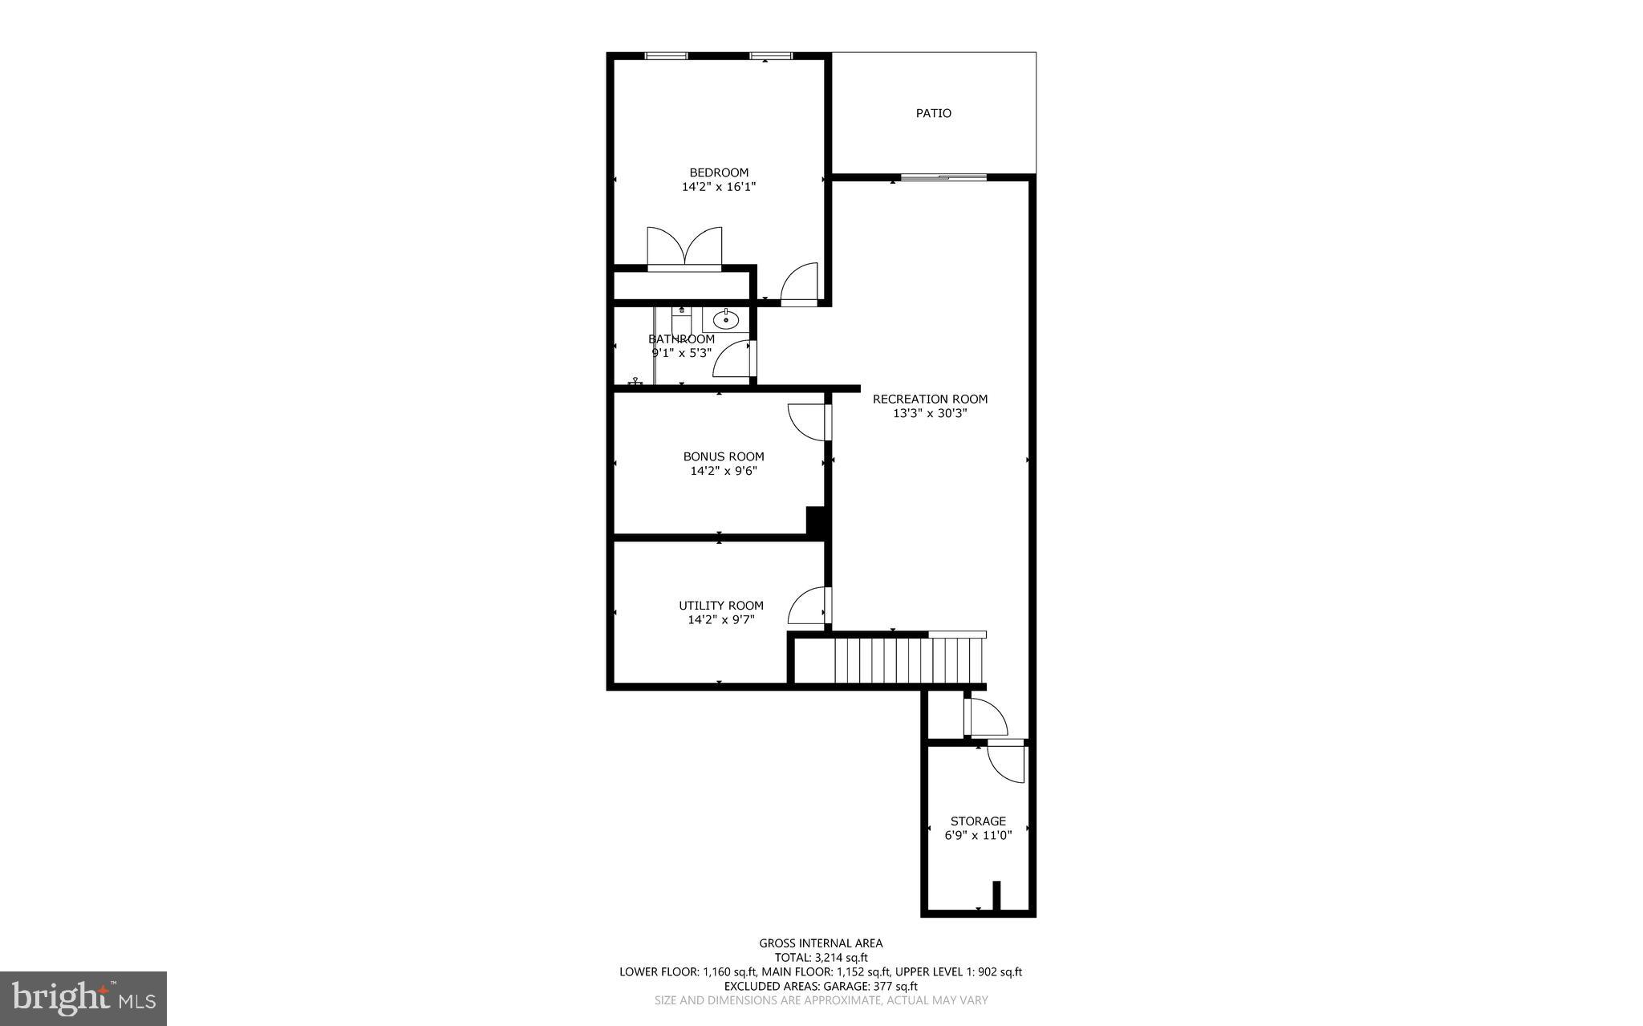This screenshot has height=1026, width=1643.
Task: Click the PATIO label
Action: click(933, 114)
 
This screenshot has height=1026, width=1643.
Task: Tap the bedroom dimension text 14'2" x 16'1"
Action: click(719, 187)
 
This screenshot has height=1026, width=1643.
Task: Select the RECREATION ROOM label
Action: click(930, 399)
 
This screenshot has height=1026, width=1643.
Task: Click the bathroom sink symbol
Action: click(726, 320)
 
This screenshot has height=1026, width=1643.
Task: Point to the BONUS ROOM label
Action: click(724, 456)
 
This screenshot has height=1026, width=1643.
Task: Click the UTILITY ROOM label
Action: click(720, 606)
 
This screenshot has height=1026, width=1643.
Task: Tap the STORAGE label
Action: click(978, 821)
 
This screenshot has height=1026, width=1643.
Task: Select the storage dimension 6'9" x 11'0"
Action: click(978, 835)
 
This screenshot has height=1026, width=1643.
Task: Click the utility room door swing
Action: click(807, 606)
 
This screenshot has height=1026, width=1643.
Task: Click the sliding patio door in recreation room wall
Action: click(943, 177)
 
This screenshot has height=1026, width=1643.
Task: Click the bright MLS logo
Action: click(83, 998)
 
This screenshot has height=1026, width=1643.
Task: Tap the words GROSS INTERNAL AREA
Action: click(821, 943)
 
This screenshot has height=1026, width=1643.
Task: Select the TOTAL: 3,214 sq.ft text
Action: click(821, 957)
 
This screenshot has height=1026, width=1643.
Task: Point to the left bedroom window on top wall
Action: click(666, 56)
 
